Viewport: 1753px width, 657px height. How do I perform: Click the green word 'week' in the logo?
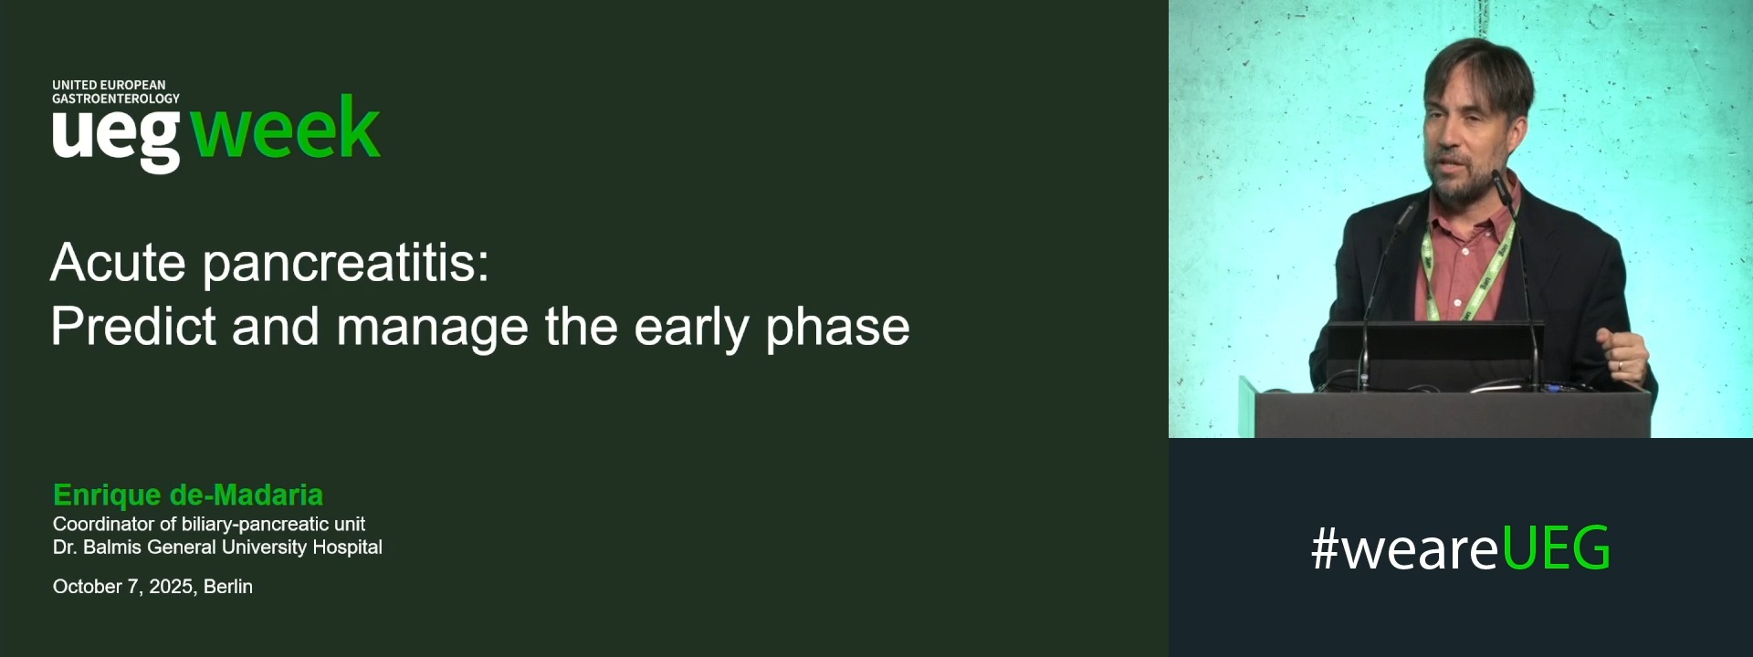tap(285, 129)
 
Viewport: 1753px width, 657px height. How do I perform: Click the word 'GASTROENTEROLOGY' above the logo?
tap(116, 99)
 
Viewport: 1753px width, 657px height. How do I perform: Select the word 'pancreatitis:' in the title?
tap(345, 263)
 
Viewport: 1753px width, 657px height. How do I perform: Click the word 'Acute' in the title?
tap(118, 263)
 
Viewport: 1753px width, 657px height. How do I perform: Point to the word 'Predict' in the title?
tap(133, 327)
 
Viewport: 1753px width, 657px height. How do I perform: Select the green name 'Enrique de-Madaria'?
tap(188, 495)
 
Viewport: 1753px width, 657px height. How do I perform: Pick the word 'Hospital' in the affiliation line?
tap(347, 547)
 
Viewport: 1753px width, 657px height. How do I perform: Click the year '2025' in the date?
tap(171, 587)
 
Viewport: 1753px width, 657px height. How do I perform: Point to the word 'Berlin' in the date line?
tap(228, 587)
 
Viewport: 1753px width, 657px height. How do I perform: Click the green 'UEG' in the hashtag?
tap(1556, 548)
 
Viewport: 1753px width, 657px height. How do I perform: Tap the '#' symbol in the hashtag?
tap(1325, 549)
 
